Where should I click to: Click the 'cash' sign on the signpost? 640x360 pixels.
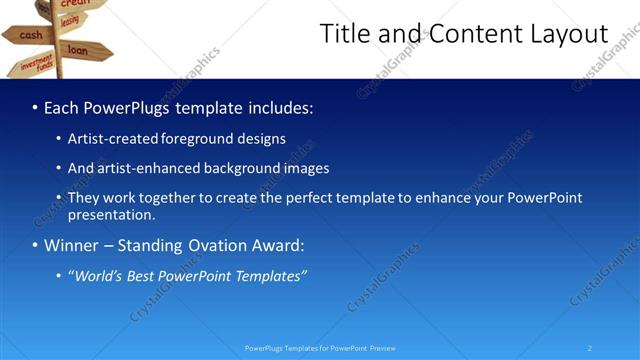tap(29, 35)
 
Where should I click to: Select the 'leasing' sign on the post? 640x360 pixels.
tap(69, 20)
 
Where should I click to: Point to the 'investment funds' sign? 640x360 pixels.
tap(36, 65)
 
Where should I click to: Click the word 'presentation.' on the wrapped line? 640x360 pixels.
tap(111, 215)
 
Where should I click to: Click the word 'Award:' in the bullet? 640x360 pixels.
tap(275, 246)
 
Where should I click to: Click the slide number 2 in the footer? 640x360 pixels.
tap(590, 347)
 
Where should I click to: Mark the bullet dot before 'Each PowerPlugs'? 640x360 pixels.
tap(35, 107)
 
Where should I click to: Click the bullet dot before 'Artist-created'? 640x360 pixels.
tap(59, 139)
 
